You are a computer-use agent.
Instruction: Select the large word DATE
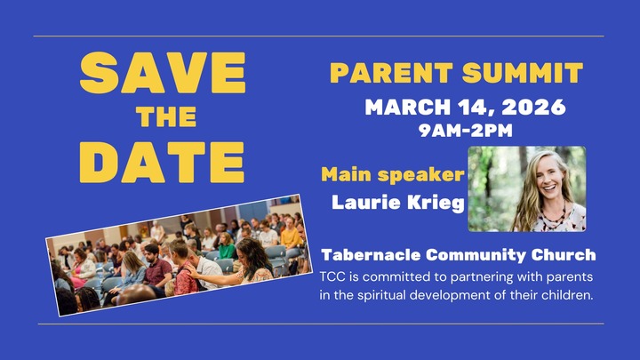pyautogui.click(x=168, y=160)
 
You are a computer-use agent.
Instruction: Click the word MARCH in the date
pyautogui.click(x=409, y=108)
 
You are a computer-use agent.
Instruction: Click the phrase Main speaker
pyautogui.click(x=392, y=174)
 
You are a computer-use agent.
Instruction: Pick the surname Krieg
pyautogui.click(x=437, y=203)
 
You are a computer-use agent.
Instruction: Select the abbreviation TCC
pyautogui.click(x=334, y=276)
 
